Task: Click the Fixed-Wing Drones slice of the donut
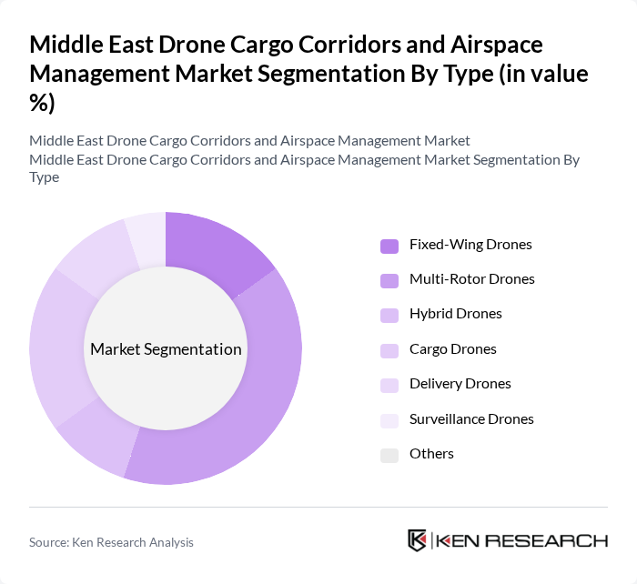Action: click(215, 251)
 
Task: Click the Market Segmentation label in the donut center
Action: click(166, 349)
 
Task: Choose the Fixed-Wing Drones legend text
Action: click(470, 245)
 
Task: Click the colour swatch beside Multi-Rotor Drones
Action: click(389, 280)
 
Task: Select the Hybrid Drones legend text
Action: click(455, 314)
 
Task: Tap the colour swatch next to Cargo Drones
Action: click(389, 350)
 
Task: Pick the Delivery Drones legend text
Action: click(460, 384)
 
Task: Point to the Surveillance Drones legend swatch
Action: click(389, 420)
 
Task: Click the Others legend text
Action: click(431, 454)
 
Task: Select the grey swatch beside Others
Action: click(389, 455)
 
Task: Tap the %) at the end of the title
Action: click(43, 104)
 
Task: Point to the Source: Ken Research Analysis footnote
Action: click(111, 542)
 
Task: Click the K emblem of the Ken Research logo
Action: click(418, 540)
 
